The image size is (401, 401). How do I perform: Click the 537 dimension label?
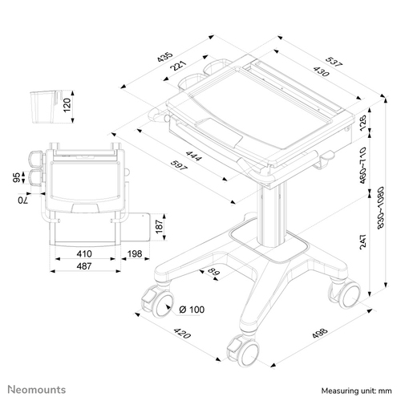[334, 62]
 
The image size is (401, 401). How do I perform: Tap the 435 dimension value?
[165, 57]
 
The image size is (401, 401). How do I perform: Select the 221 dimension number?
[178, 66]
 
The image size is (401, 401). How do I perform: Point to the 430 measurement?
[321, 71]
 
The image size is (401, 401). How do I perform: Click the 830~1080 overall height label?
[381, 208]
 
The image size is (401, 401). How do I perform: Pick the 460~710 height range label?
[363, 165]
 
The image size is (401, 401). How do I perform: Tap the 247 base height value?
[363, 242]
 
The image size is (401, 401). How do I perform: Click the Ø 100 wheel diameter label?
[192, 310]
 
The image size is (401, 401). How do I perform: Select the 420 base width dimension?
[182, 333]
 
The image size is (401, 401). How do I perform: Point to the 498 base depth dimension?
[320, 333]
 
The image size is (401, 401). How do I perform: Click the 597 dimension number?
[179, 165]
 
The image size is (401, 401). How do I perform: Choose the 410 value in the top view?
[84, 253]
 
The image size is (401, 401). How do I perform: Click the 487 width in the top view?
[84, 266]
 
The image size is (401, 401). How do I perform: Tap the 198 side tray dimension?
[135, 253]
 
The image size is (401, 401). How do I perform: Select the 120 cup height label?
[67, 105]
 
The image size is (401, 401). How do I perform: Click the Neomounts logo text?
[37, 390]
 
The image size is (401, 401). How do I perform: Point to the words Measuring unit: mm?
[356, 391]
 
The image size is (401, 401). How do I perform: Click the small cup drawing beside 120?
[45, 107]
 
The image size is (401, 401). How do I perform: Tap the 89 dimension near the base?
[213, 273]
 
